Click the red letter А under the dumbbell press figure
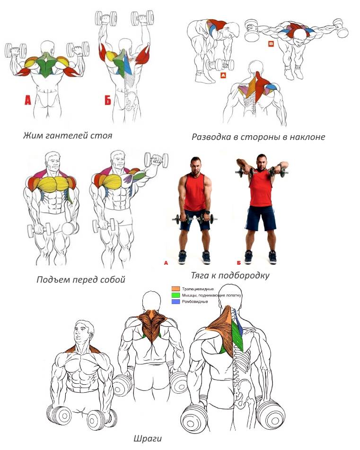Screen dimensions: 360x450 [x=27, y=100]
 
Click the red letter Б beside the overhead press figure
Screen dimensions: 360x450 [x=108, y=100]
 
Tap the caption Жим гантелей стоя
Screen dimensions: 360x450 [x=68, y=136]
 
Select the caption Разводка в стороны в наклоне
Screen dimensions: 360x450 [x=258, y=137]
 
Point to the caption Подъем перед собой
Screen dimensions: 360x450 [x=81, y=279]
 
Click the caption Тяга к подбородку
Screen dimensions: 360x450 [x=230, y=276]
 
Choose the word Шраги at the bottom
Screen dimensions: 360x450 [x=148, y=439]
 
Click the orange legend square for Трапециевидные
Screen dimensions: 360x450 [x=176, y=289]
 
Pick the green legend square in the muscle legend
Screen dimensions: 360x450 [x=176, y=295]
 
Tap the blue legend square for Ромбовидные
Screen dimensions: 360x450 [x=176, y=302]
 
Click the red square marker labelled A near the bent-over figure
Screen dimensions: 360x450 [x=223, y=76]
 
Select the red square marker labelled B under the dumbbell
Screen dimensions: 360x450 [x=271, y=44]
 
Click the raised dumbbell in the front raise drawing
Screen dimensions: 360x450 [x=156, y=160]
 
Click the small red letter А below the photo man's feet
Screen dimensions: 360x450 [x=166, y=263]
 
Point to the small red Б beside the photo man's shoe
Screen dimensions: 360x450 [x=239, y=263]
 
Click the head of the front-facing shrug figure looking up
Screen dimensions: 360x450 [x=84, y=332]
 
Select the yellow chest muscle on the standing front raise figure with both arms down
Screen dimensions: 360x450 [x=53, y=184]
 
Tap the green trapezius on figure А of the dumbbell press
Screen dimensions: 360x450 [x=47, y=65]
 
